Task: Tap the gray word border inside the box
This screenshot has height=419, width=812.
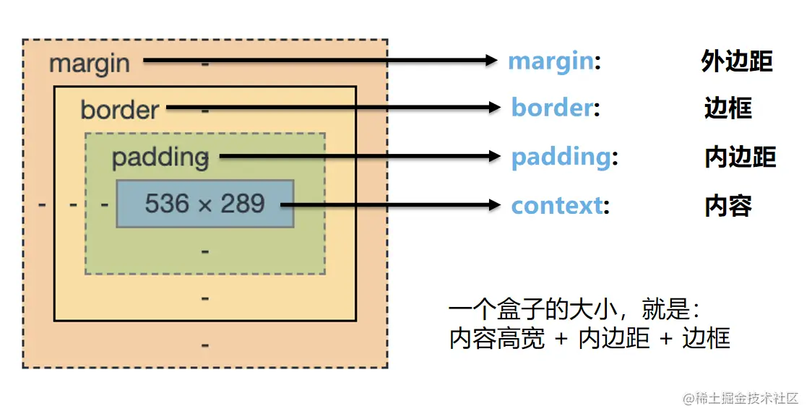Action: (x=119, y=109)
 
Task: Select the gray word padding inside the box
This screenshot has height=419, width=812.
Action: (x=160, y=157)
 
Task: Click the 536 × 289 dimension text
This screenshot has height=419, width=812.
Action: (x=204, y=204)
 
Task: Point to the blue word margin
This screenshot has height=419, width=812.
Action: (x=550, y=61)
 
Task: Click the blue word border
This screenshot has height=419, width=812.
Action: (x=552, y=108)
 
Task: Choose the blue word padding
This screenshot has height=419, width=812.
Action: (x=561, y=157)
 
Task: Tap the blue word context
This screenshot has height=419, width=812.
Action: (x=556, y=205)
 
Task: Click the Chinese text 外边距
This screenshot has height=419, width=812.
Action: (x=736, y=61)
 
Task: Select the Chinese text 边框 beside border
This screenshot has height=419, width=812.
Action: (x=727, y=108)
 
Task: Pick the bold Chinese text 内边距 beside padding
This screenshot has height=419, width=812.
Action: (x=740, y=157)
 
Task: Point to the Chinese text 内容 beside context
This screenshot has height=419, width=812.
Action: (x=727, y=206)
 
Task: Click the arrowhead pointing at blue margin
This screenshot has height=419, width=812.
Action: (x=493, y=61)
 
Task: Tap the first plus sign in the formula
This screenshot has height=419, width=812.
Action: (x=561, y=339)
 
